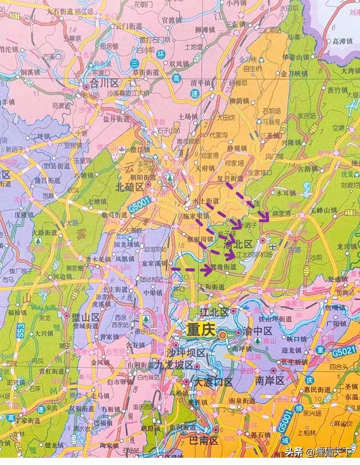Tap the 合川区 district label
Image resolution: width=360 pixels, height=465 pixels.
[x=104, y=84]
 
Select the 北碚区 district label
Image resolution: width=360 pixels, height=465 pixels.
[x=130, y=187]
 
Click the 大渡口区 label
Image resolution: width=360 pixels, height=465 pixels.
[x=213, y=382]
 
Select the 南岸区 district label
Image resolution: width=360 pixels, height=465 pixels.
[x=270, y=380]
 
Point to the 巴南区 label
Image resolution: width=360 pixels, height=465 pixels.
[x=204, y=440]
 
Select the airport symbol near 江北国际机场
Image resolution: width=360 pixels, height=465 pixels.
[x=272, y=247]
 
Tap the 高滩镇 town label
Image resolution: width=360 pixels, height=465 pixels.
[x=343, y=41]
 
